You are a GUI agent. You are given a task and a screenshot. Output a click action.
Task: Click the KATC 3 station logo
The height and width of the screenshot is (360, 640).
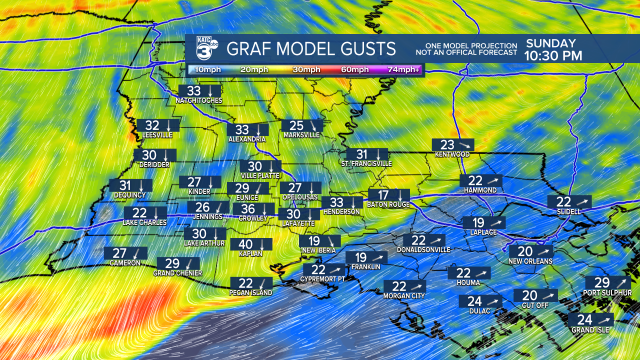pyautogui.click(x=206, y=48)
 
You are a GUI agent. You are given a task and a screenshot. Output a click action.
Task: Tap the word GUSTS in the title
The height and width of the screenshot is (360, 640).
pyautogui.click(x=364, y=49)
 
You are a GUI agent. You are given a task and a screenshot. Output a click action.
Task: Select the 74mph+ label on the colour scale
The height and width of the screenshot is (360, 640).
pyautogui.click(x=403, y=69)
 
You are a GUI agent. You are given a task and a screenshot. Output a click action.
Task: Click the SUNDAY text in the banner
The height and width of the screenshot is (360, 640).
pyautogui.click(x=550, y=43)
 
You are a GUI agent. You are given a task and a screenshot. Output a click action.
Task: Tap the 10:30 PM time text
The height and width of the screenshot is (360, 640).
pyautogui.click(x=553, y=56)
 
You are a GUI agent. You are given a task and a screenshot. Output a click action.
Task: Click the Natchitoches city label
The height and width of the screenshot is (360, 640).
pyautogui.click(x=198, y=101)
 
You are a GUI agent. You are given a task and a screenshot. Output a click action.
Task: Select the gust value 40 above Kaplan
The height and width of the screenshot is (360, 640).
pyautogui.click(x=245, y=244)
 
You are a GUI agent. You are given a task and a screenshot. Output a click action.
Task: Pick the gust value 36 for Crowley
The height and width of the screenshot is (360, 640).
pyautogui.click(x=248, y=209)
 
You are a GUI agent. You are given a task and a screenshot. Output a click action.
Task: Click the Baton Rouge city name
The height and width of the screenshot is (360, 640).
pyautogui.click(x=388, y=204)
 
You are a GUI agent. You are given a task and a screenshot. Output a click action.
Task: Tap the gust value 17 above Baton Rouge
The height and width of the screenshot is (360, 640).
pyautogui.click(x=383, y=195)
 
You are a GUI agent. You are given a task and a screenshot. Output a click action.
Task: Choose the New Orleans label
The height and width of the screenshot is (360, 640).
pyautogui.click(x=530, y=261)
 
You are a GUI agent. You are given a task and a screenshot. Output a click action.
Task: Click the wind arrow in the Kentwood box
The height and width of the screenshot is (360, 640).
pyautogui.click(x=464, y=145)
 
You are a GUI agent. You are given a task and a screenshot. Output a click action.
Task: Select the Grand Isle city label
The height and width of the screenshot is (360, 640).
pyautogui.click(x=590, y=330)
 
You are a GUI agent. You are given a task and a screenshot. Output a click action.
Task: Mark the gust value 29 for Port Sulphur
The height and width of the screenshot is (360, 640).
pyautogui.click(x=602, y=282)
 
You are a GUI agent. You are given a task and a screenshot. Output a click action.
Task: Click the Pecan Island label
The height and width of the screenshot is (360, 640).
pyautogui.click(x=251, y=292)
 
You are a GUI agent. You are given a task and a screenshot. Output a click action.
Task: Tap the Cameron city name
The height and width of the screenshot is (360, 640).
pyautogui.click(x=125, y=263)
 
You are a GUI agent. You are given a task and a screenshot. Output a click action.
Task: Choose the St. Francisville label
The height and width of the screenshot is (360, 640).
pyautogui.click(x=366, y=163)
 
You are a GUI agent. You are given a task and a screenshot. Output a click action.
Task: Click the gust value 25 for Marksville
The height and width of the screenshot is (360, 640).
pyautogui.click(x=296, y=125)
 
